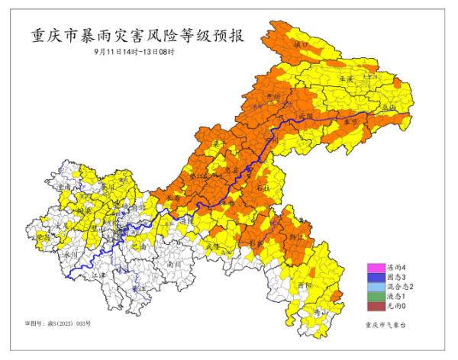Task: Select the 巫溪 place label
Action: coord(345,79)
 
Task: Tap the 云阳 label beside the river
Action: coord(306,116)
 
